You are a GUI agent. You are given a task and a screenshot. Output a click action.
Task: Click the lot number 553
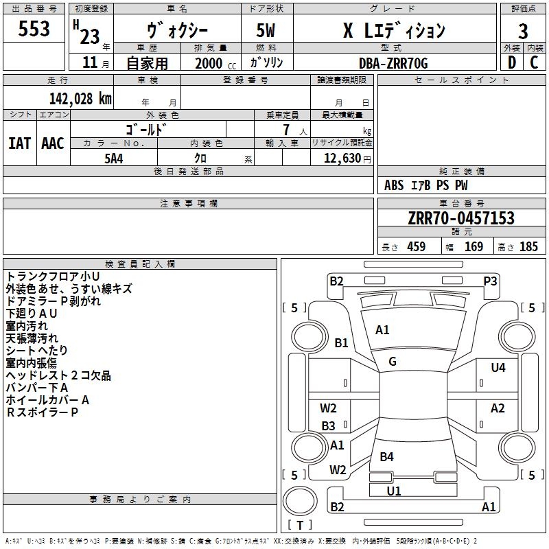(x=34, y=29)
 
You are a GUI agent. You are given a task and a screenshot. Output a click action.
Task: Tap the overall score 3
(x=523, y=32)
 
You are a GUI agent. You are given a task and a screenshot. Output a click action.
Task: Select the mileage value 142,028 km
(x=80, y=99)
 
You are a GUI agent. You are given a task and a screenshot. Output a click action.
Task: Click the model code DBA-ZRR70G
(x=393, y=63)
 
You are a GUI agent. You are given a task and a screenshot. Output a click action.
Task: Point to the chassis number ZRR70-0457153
(x=461, y=218)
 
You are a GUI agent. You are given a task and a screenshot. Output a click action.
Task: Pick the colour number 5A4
(x=114, y=159)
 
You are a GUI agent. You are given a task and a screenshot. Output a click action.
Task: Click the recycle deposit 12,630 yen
(x=347, y=159)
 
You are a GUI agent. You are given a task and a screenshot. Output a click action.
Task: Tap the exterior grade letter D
(x=512, y=62)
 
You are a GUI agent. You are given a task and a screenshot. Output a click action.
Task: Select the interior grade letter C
(x=534, y=62)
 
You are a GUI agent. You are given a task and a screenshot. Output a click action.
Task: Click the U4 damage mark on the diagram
(x=498, y=368)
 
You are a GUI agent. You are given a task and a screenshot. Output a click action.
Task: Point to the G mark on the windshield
(x=393, y=362)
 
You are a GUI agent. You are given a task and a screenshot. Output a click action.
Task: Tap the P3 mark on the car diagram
(x=490, y=281)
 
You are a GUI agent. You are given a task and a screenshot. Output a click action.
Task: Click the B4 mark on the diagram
(x=386, y=456)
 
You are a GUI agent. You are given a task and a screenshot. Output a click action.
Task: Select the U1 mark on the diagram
(x=394, y=491)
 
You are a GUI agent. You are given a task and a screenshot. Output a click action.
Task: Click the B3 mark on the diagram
(x=329, y=425)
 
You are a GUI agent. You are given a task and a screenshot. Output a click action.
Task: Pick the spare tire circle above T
(x=300, y=501)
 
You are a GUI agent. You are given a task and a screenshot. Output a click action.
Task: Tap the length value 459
(x=417, y=247)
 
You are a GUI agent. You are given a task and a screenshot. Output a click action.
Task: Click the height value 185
(x=528, y=247)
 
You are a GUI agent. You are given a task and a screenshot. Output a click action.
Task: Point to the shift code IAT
(x=20, y=143)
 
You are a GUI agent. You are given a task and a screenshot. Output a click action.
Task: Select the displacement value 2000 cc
(x=215, y=64)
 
